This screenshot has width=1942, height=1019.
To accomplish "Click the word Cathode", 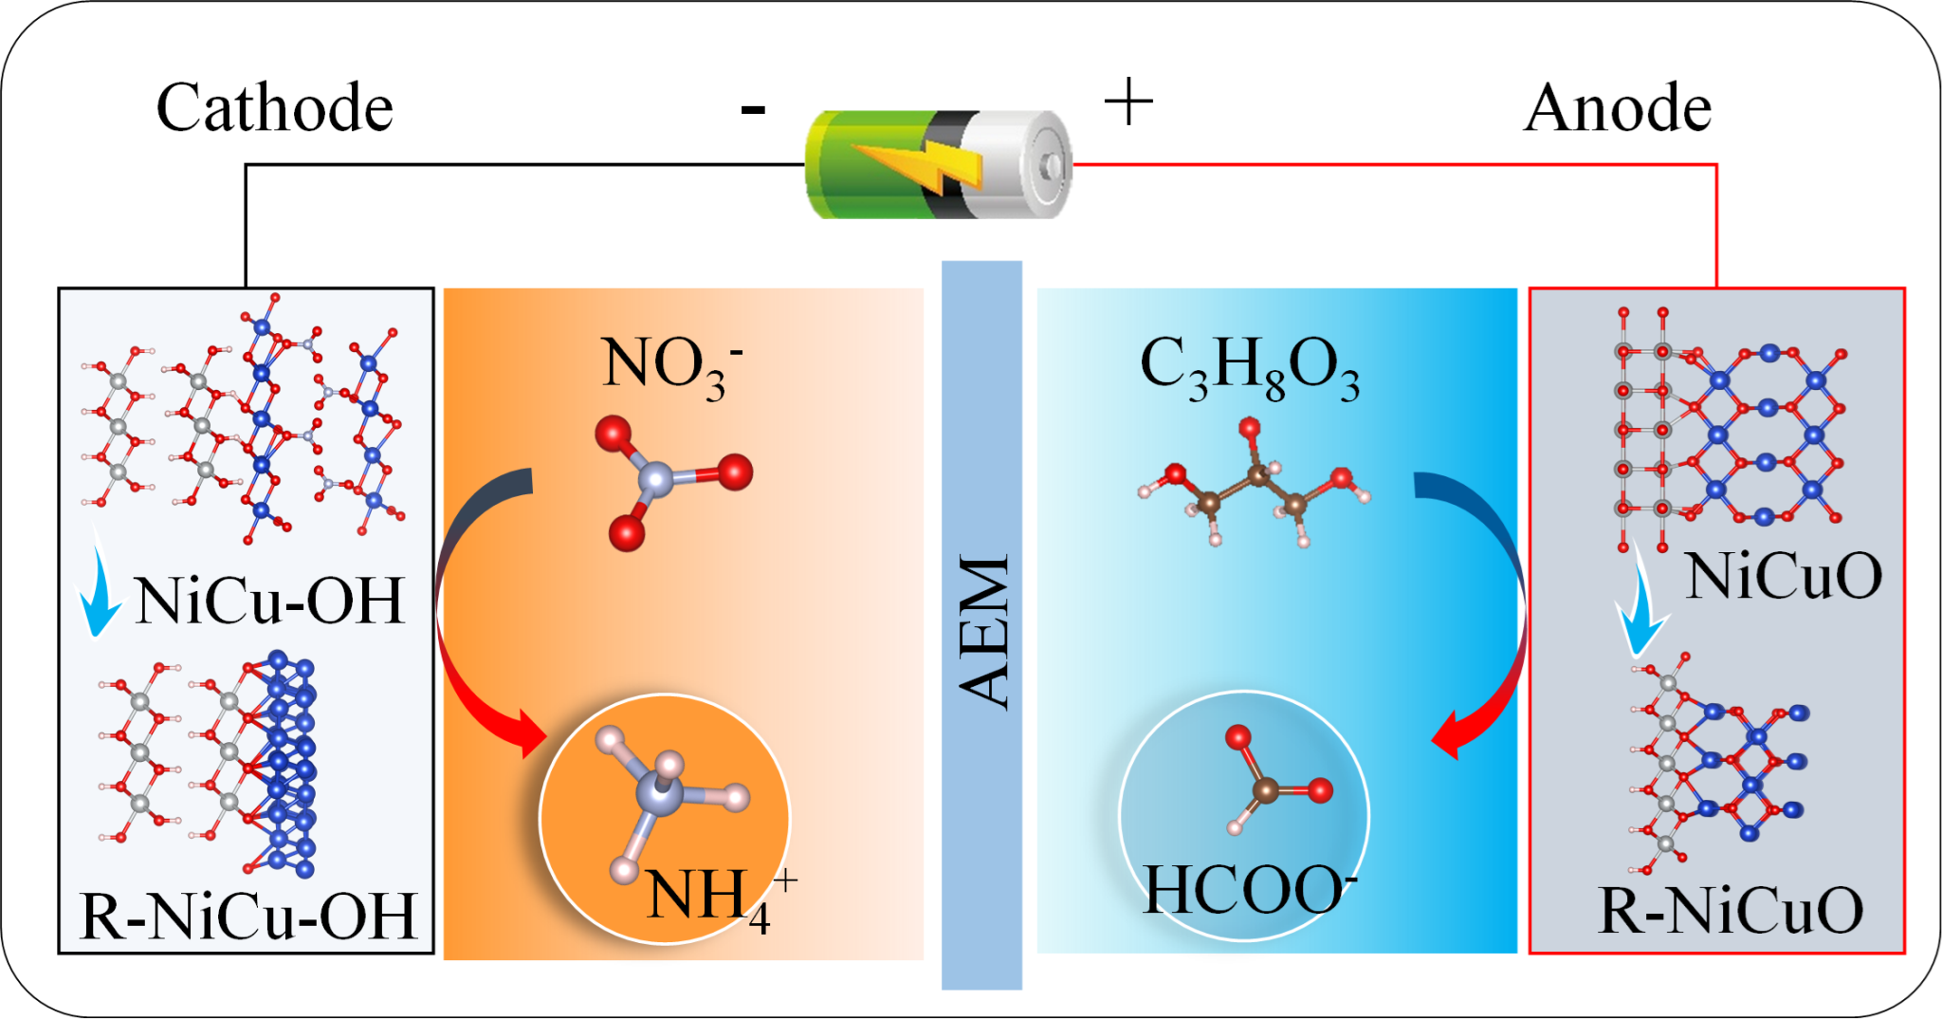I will pyautogui.click(x=274, y=108).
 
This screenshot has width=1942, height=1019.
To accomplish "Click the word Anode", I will pyautogui.click(x=1618, y=108).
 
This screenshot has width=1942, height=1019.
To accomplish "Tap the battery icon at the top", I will pyautogui.click(x=939, y=165).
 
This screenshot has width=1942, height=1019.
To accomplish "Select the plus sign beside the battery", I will pyautogui.click(x=1128, y=102).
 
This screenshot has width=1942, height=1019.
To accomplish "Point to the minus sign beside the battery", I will pyautogui.click(x=753, y=110).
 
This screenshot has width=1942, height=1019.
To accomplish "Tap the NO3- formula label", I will pyautogui.click(x=671, y=365).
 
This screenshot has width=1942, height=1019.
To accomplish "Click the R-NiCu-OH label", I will pyautogui.click(x=248, y=917).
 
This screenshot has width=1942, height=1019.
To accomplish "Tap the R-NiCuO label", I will pyautogui.click(x=1730, y=911).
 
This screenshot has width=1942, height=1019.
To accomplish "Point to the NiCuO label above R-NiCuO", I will pyautogui.click(x=1783, y=576).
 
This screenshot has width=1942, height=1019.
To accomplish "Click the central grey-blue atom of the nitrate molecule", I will pyautogui.click(x=656, y=478).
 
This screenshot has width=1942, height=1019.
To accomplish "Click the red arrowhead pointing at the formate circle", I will pyautogui.click(x=1447, y=736).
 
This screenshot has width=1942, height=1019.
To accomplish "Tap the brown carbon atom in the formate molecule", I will pyautogui.click(x=1265, y=789).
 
